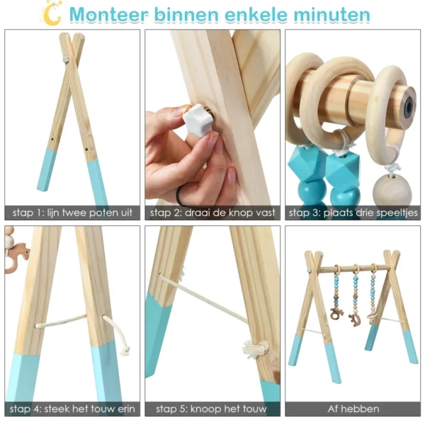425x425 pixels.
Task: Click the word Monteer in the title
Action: pyautogui.click(x=113, y=14)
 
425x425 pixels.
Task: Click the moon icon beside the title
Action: pyautogui.click(x=51, y=12)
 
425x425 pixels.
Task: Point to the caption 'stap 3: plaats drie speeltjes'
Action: pyautogui.click(x=353, y=212)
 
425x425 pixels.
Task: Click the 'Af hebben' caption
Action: pyautogui.click(x=353, y=409)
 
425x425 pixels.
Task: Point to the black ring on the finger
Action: pyautogui.click(x=181, y=192)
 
